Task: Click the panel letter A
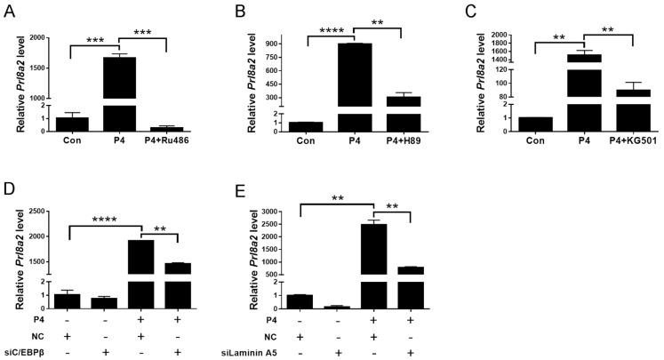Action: click(x=8, y=9)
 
